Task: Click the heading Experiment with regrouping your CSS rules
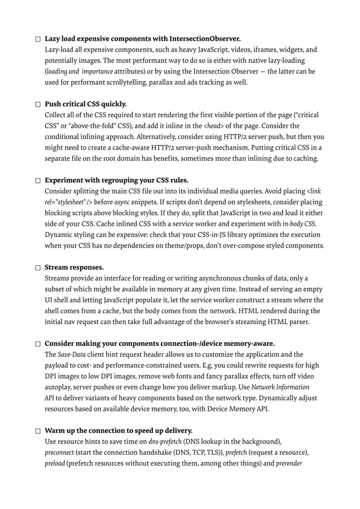(116, 181)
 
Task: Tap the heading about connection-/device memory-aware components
(160, 344)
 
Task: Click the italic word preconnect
(60, 453)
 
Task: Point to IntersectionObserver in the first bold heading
(204, 39)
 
